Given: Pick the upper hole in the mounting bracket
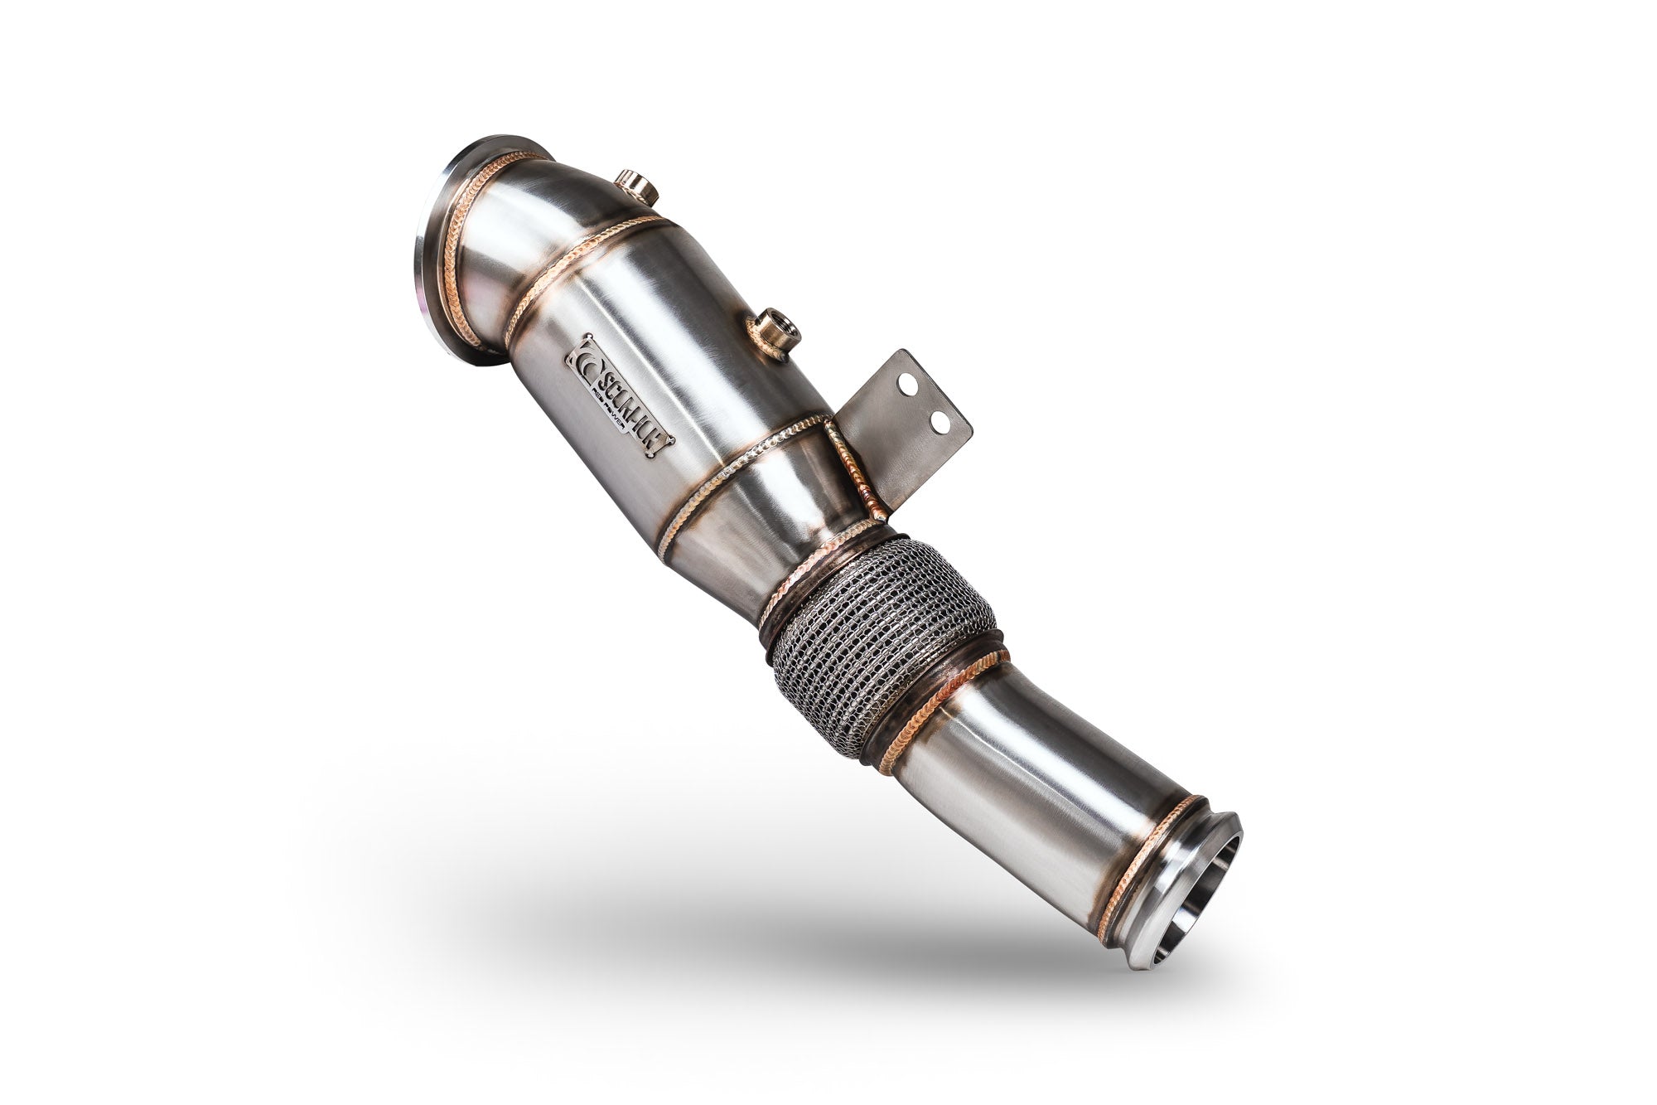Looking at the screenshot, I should coord(908,384).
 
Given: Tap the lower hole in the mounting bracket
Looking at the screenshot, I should coord(939,422).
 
